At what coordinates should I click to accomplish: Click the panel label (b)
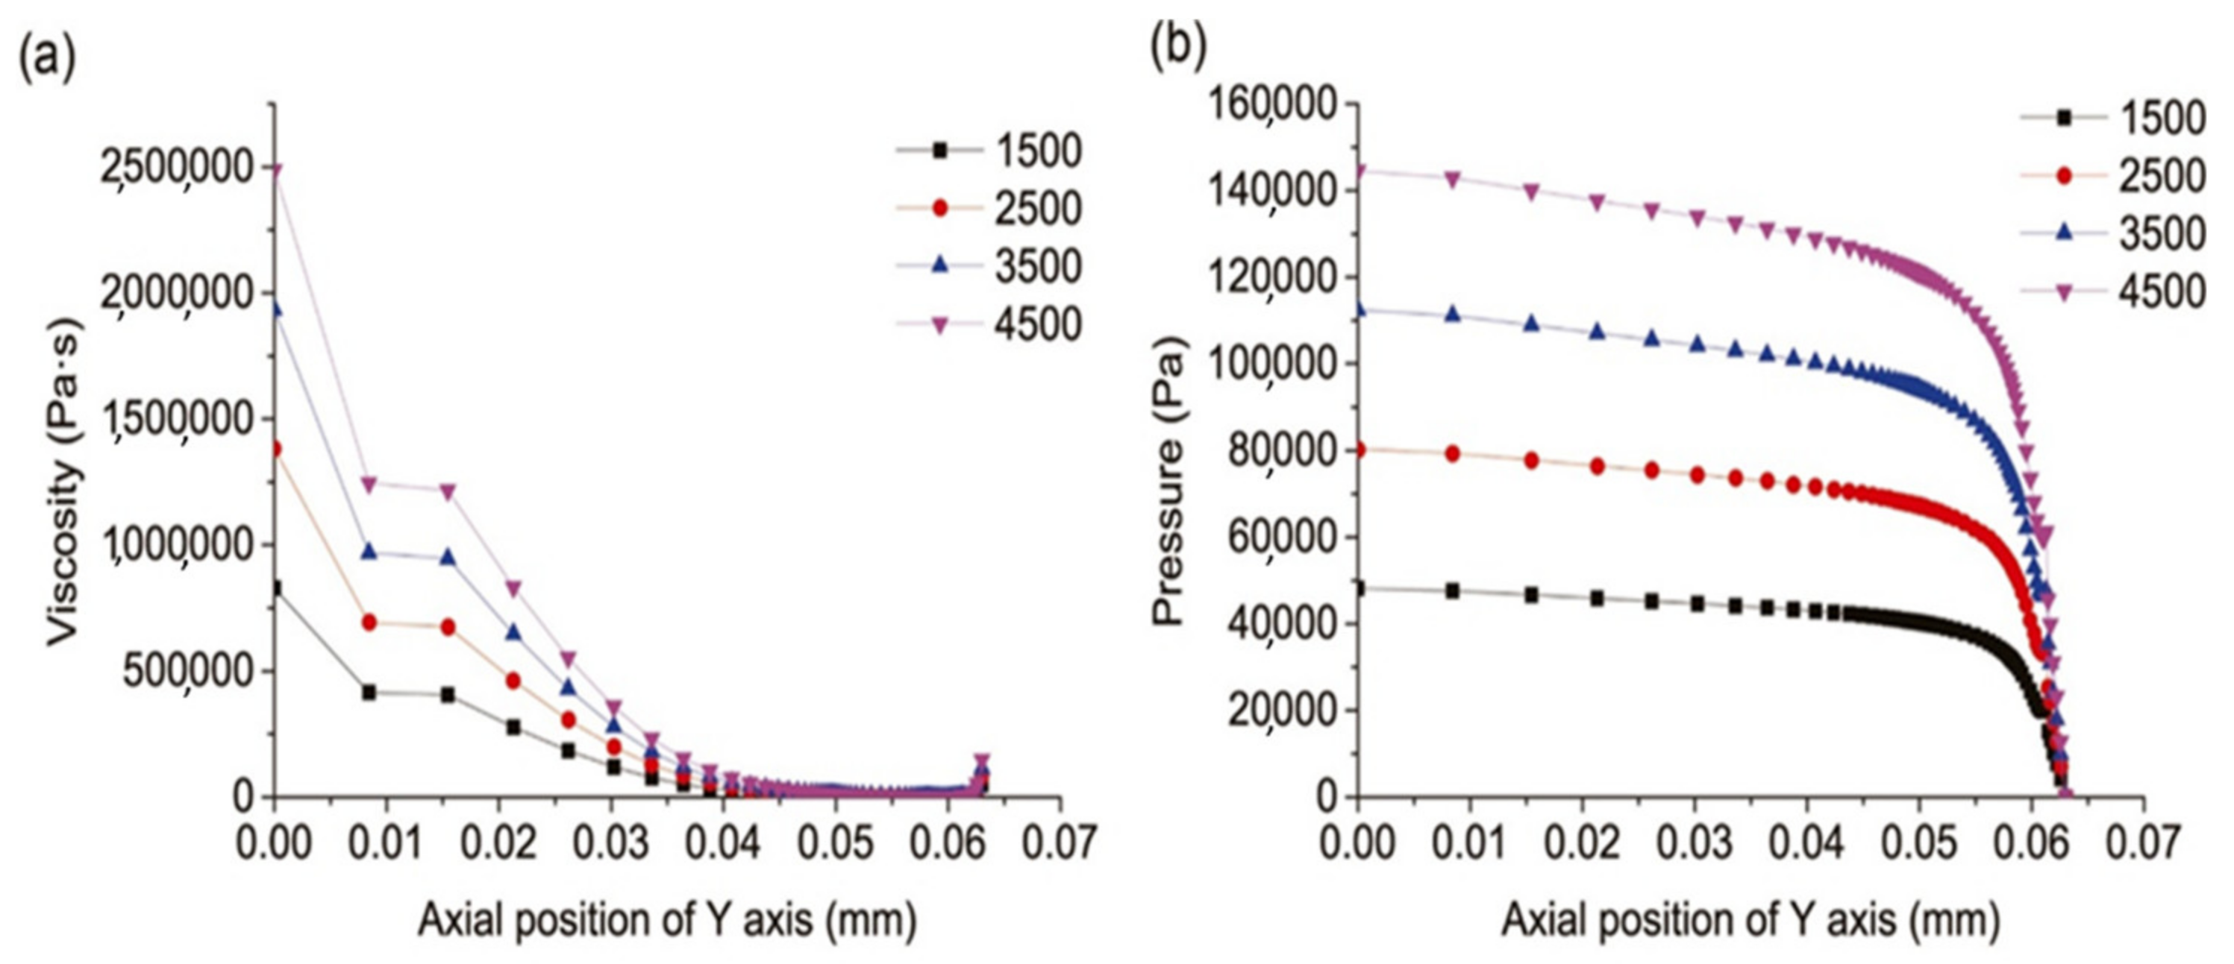coord(1177,47)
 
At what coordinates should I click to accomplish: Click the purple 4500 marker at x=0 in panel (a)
coord(275,169)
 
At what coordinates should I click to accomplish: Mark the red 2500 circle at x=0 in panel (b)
coord(1358,450)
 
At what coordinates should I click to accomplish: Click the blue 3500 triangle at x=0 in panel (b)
coord(1358,309)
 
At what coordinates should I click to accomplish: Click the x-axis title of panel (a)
coord(667,920)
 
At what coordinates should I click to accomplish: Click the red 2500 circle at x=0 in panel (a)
coord(275,449)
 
